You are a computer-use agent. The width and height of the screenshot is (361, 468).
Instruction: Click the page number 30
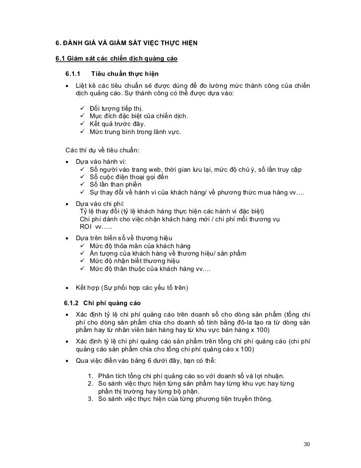click(x=306, y=443)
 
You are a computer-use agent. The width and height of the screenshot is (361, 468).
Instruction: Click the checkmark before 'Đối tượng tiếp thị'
click(x=82, y=108)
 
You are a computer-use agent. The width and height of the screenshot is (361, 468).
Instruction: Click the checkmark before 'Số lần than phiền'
click(x=82, y=186)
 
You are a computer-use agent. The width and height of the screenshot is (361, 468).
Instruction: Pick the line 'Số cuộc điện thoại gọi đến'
click(x=129, y=178)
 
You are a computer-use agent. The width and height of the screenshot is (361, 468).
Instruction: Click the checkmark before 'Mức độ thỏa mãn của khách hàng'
click(x=82, y=246)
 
